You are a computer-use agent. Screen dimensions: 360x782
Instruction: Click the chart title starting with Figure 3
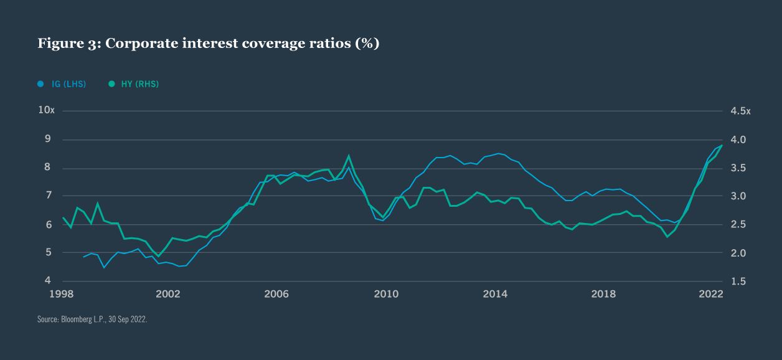point(208,44)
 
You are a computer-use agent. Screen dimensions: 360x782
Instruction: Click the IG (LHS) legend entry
point(62,84)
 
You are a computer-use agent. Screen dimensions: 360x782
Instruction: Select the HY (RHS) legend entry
point(133,84)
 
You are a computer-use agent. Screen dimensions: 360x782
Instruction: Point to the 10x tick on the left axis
point(47,110)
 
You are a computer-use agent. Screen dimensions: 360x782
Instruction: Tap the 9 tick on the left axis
point(47,140)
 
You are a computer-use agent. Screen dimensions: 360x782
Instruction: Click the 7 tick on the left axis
point(47,196)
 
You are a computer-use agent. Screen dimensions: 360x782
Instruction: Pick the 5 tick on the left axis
point(47,253)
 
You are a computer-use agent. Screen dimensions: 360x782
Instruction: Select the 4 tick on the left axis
point(47,282)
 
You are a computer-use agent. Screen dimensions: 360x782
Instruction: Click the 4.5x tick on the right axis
point(740,111)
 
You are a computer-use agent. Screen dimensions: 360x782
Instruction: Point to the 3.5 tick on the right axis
point(738,168)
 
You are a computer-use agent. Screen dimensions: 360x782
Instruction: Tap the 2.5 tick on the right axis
point(738,225)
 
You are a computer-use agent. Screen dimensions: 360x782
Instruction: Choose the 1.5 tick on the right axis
point(738,282)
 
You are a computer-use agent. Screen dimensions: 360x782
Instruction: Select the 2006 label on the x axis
point(277,294)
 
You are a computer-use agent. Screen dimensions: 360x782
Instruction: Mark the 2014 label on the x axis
point(495,294)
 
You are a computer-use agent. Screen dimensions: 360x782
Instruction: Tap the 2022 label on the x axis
point(710,294)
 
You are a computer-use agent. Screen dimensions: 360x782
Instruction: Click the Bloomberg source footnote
point(92,319)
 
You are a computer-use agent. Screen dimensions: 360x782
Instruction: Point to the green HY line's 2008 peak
point(349,156)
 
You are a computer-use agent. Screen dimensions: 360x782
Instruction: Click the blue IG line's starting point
point(83,257)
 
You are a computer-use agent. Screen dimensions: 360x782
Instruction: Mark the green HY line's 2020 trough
point(667,237)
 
